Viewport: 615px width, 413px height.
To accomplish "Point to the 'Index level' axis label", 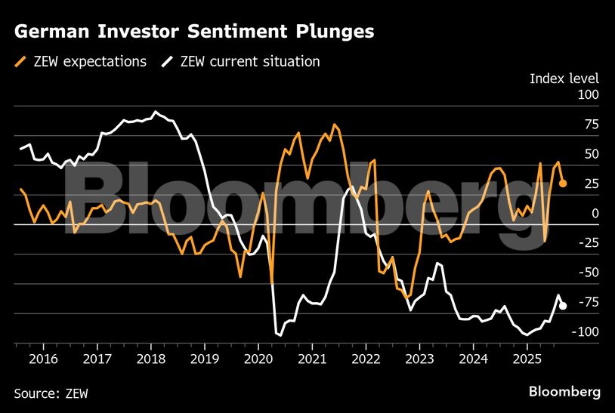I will tap(564, 79).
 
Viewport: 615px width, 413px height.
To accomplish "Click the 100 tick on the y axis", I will tap(588, 95).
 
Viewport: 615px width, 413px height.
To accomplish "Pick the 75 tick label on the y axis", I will tap(589, 125).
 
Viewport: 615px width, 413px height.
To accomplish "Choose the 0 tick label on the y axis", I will tap(594, 214).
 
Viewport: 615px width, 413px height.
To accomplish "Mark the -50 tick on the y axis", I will tap(586, 273).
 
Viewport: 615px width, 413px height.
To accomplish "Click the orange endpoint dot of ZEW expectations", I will tap(563, 183).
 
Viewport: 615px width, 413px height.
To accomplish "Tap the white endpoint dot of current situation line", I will tap(563, 306).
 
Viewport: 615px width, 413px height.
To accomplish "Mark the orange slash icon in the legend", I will tap(20, 61).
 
